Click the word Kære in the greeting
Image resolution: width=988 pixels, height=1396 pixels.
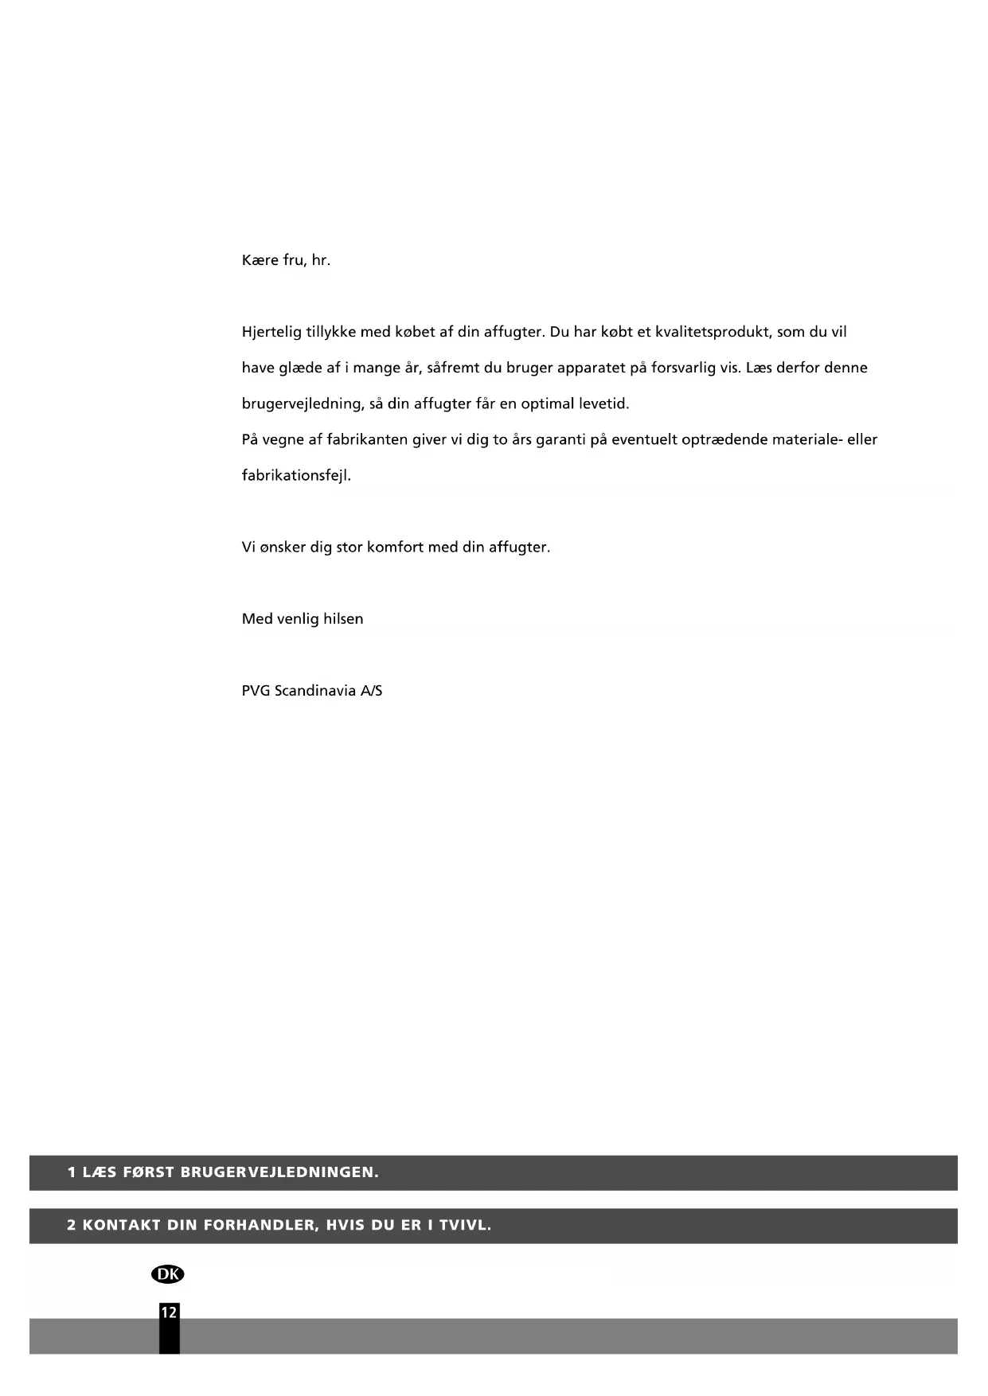[x=260, y=260]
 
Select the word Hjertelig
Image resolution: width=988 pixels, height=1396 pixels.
[x=271, y=332]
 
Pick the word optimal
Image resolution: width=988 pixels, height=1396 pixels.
[x=547, y=404]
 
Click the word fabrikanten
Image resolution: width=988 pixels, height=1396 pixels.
[x=367, y=439]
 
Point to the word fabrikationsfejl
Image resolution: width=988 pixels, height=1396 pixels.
[x=296, y=475]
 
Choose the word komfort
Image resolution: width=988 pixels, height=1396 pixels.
[x=395, y=547]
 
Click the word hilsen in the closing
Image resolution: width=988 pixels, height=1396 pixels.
[x=343, y=618]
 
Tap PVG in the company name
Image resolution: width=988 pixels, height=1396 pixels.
[x=256, y=690]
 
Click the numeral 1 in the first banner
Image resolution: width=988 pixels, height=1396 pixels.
[x=72, y=1172]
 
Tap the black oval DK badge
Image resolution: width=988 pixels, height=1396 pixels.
[x=167, y=1274]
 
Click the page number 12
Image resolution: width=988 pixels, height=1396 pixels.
[x=169, y=1312]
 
